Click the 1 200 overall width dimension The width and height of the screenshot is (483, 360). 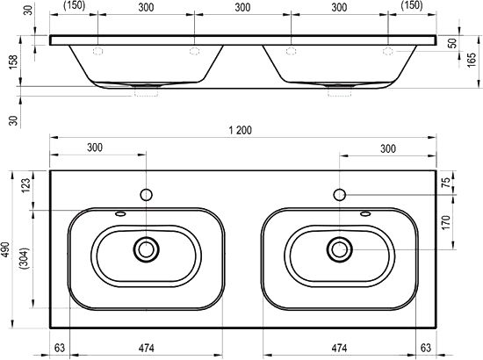click(241, 130)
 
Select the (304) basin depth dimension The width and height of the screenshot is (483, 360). click(25, 258)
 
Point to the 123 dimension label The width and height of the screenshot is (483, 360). click(25, 185)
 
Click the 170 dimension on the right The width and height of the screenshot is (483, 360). click(446, 222)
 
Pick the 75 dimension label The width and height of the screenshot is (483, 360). click(446, 183)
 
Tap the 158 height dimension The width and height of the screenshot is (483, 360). click(13, 61)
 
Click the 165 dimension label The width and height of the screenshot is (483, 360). click(472, 60)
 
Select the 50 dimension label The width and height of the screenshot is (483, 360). click(452, 43)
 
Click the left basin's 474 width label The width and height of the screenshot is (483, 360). click(146, 348)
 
